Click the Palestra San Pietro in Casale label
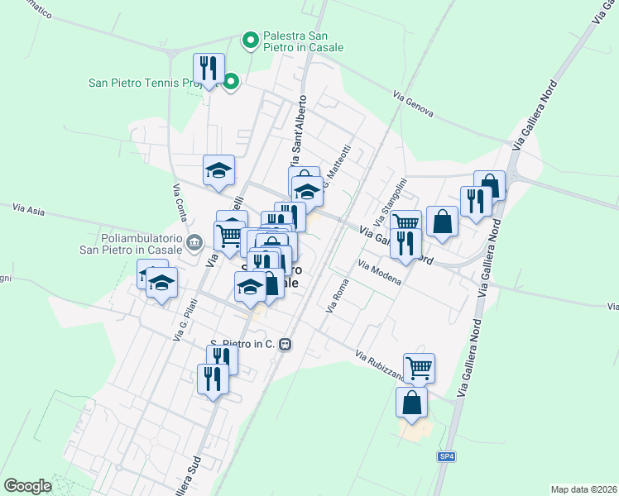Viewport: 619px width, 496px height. pyautogui.click(x=302, y=42)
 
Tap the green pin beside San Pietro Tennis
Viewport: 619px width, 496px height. pyautogui.click(x=232, y=82)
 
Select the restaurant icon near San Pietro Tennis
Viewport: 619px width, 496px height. pyautogui.click(x=209, y=68)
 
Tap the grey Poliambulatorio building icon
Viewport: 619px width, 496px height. pyautogui.click(x=194, y=242)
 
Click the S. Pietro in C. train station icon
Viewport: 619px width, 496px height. pyautogui.click(x=286, y=344)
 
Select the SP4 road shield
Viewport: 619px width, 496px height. pyautogui.click(x=447, y=456)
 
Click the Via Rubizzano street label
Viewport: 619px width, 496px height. pyautogui.click(x=381, y=366)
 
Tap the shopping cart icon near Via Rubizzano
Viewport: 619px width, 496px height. pyautogui.click(x=419, y=368)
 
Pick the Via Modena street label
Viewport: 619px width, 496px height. pyautogui.click(x=380, y=272)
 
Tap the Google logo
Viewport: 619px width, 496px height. pyautogui.click(x=27, y=486)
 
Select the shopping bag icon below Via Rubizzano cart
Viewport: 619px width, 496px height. pyautogui.click(x=412, y=403)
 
